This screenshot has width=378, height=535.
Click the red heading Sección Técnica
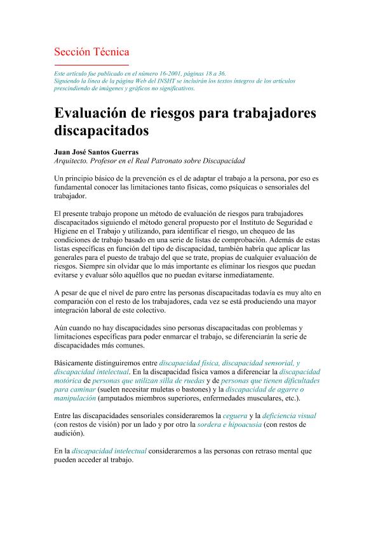coord(91,51)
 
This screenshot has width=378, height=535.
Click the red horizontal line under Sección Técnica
coord(91,65)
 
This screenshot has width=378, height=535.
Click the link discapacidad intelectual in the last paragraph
coord(109,450)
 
